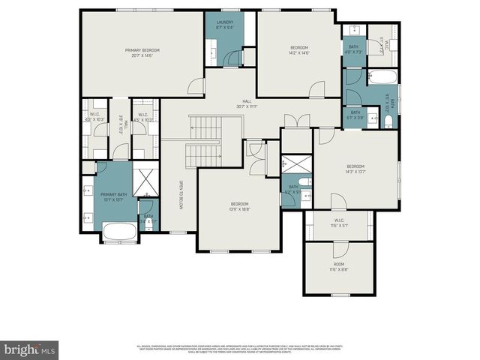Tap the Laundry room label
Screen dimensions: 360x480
tap(225, 25)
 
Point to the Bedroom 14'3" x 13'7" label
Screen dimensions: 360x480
tap(355, 169)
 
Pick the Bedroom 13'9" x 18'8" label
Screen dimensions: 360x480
tap(239, 207)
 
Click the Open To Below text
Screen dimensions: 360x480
tap(180, 195)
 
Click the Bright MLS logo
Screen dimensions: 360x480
tap(30, 349)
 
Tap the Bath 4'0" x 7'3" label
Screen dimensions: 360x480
tap(353, 51)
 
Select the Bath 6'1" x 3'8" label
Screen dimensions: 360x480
tap(355, 115)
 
